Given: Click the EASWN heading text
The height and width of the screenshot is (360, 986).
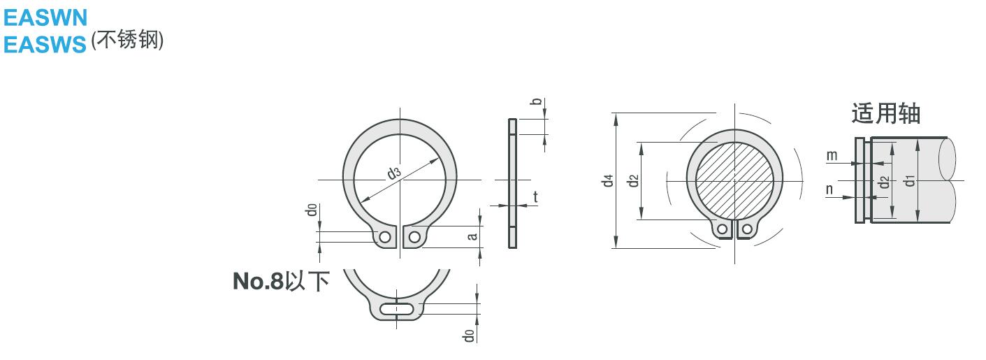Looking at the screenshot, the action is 45,18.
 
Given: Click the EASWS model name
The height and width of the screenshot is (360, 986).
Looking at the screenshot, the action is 45,45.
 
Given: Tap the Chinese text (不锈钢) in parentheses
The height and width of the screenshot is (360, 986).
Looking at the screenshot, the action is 127,40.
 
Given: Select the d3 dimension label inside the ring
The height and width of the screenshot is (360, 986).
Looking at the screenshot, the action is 394,173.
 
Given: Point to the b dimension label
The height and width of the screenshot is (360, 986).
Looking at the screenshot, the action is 536,101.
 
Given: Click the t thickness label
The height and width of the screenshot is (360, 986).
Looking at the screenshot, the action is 535,196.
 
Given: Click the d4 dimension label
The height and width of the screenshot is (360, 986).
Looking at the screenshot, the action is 608,180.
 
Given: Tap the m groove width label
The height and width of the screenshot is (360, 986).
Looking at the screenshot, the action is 832,155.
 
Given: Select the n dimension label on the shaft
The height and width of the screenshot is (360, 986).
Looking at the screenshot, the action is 829,189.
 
